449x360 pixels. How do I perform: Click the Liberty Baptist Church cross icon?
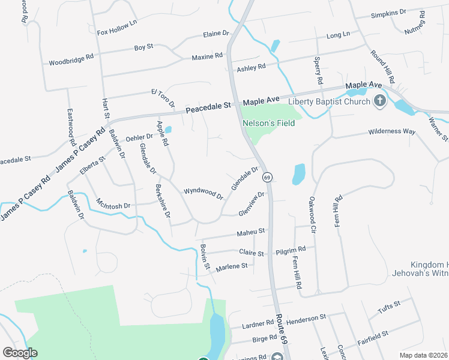coord(379,100)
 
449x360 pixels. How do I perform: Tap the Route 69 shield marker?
coord(267,177)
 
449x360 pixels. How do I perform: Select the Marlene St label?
coord(232,266)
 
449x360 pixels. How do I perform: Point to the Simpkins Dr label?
coord(388,13)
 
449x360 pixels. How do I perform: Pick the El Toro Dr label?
coord(163,99)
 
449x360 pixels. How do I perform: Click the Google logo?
coord(20,352)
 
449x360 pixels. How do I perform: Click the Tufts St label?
coord(389,307)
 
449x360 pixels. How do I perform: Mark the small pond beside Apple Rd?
coord(168,129)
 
